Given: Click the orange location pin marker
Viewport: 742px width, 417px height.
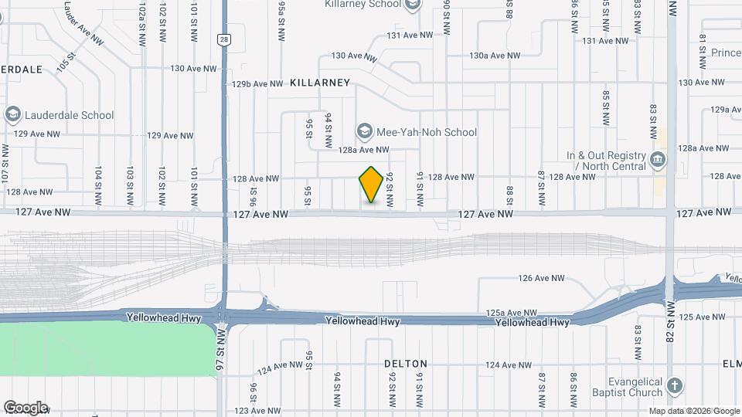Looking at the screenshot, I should [372, 185].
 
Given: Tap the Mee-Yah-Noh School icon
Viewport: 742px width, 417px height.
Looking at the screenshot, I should [363, 132].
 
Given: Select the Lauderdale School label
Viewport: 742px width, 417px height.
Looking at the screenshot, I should [70, 115].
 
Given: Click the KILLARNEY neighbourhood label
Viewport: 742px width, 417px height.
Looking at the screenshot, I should [320, 83].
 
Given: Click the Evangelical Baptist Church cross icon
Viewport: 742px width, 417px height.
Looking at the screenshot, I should [675, 385].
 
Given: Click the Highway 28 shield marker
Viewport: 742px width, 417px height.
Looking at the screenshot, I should [223, 39].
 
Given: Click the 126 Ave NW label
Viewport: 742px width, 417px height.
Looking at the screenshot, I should [542, 278].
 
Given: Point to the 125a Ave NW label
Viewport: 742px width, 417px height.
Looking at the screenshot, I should [512, 312].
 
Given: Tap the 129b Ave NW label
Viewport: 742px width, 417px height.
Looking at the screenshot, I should [257, 84].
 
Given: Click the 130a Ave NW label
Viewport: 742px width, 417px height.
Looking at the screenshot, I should [495, 55].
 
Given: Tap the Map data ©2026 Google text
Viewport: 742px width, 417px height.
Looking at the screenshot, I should [693, 411].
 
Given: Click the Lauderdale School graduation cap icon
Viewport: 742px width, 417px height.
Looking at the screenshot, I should [12, 115].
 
